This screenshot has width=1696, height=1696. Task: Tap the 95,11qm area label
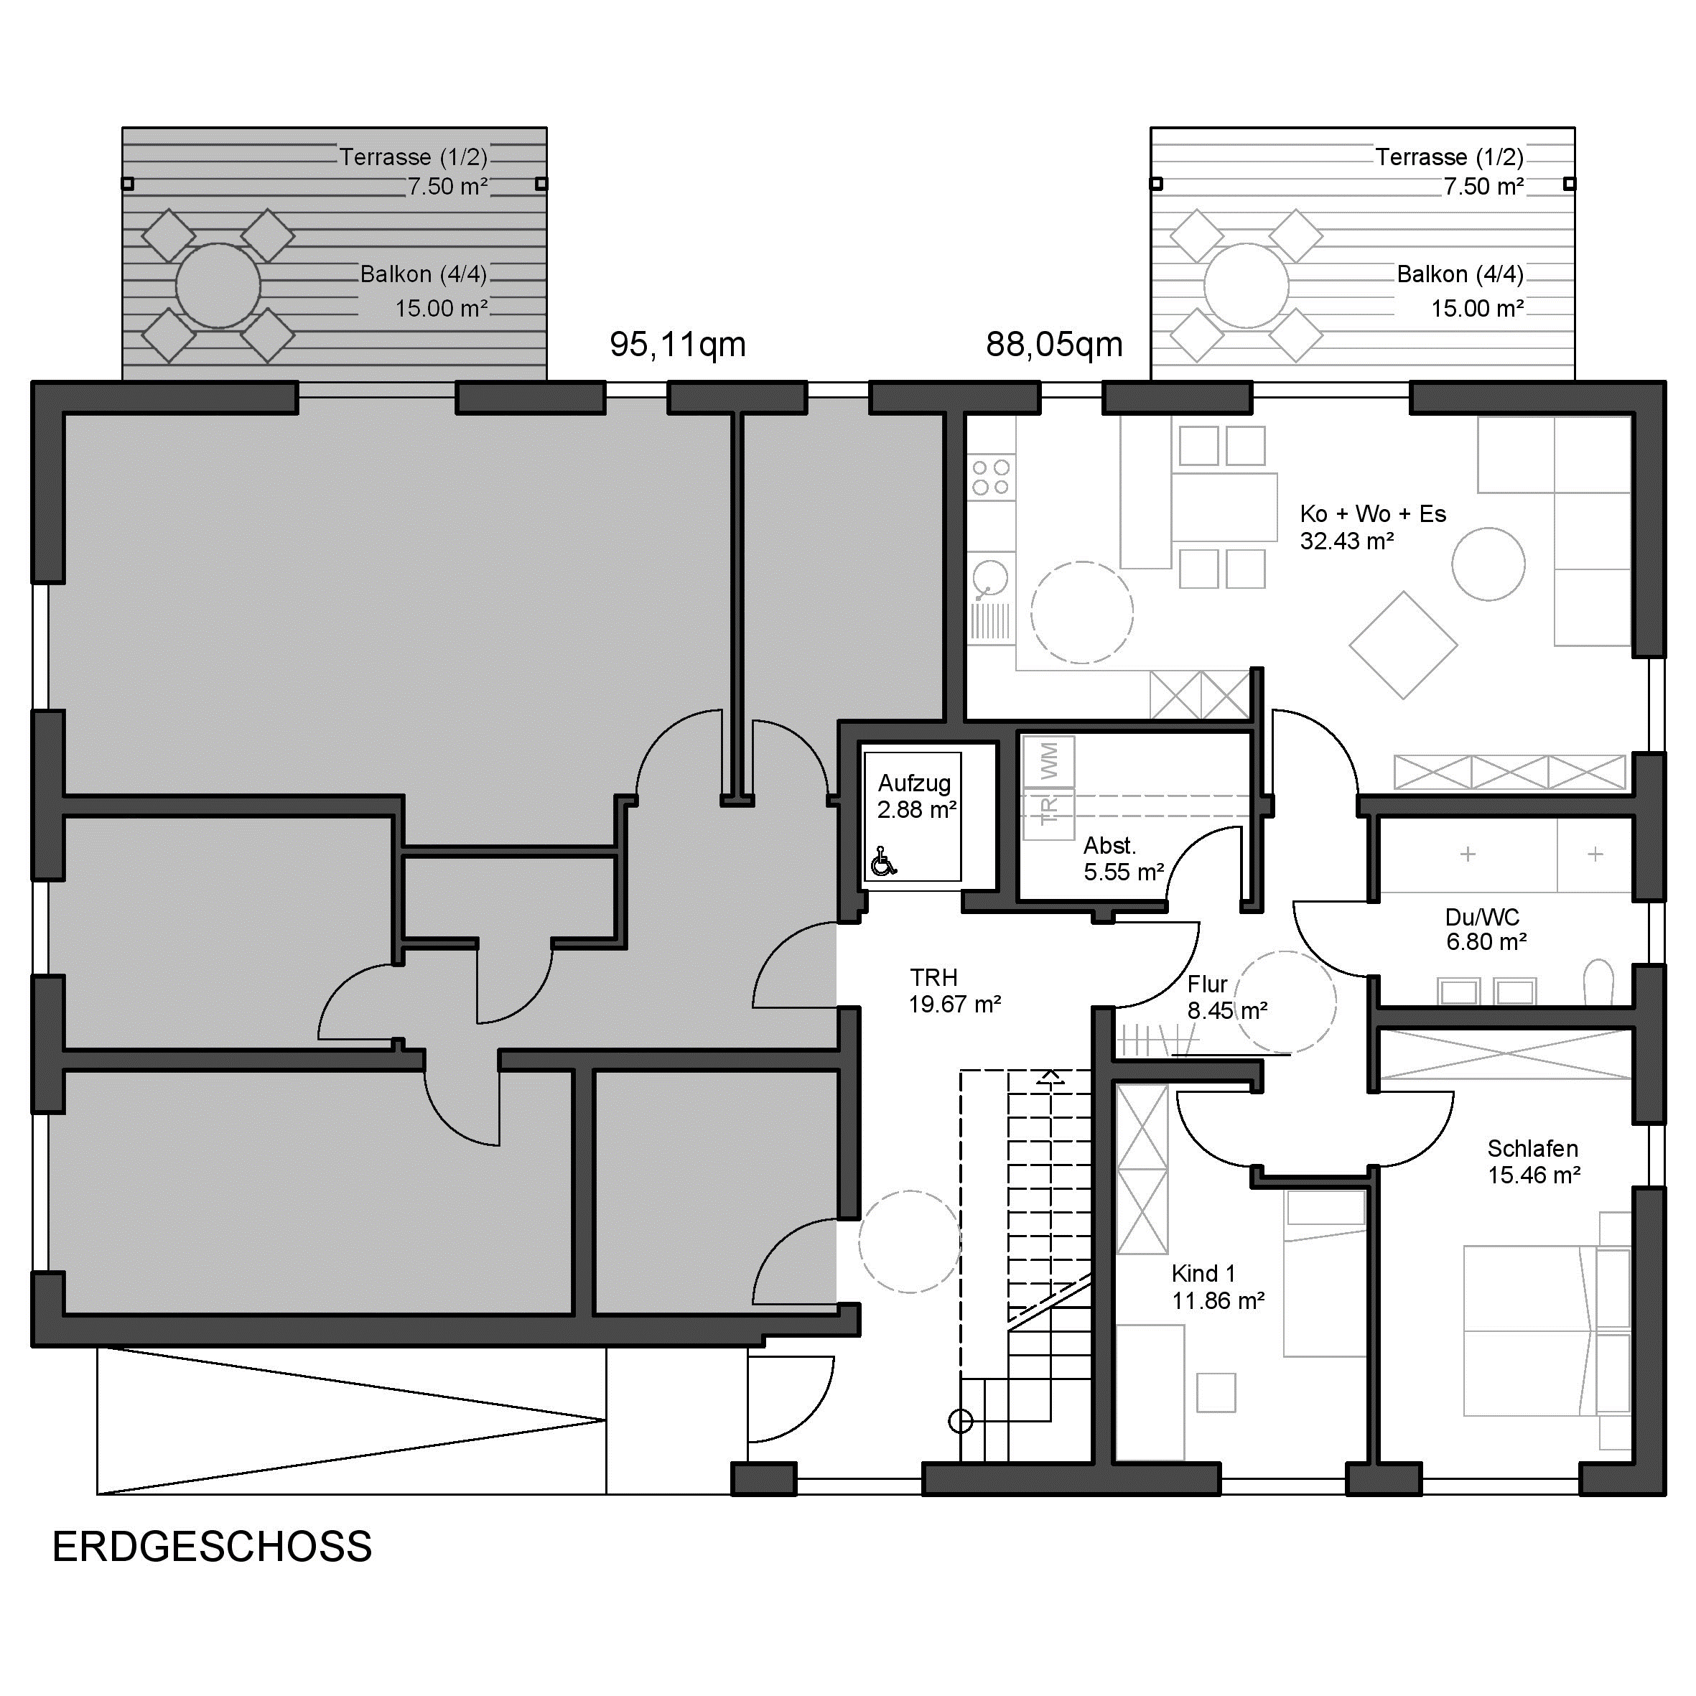pos(678,345)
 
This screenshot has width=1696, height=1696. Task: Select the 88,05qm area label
pos(1054,345)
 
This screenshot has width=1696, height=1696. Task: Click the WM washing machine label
pos(1049,760)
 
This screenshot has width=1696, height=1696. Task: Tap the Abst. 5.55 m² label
pos(1124,859)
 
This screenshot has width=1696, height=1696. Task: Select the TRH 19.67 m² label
pos(955,990)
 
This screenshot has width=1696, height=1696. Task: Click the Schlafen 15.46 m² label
pos(1534,1161)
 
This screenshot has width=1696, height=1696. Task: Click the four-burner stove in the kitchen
pos(991,477)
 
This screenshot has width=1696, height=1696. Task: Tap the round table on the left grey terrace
pos(218,285)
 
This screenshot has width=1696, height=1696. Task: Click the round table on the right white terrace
pos(1247,285)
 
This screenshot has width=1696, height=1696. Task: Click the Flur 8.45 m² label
pos(1227,997)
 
